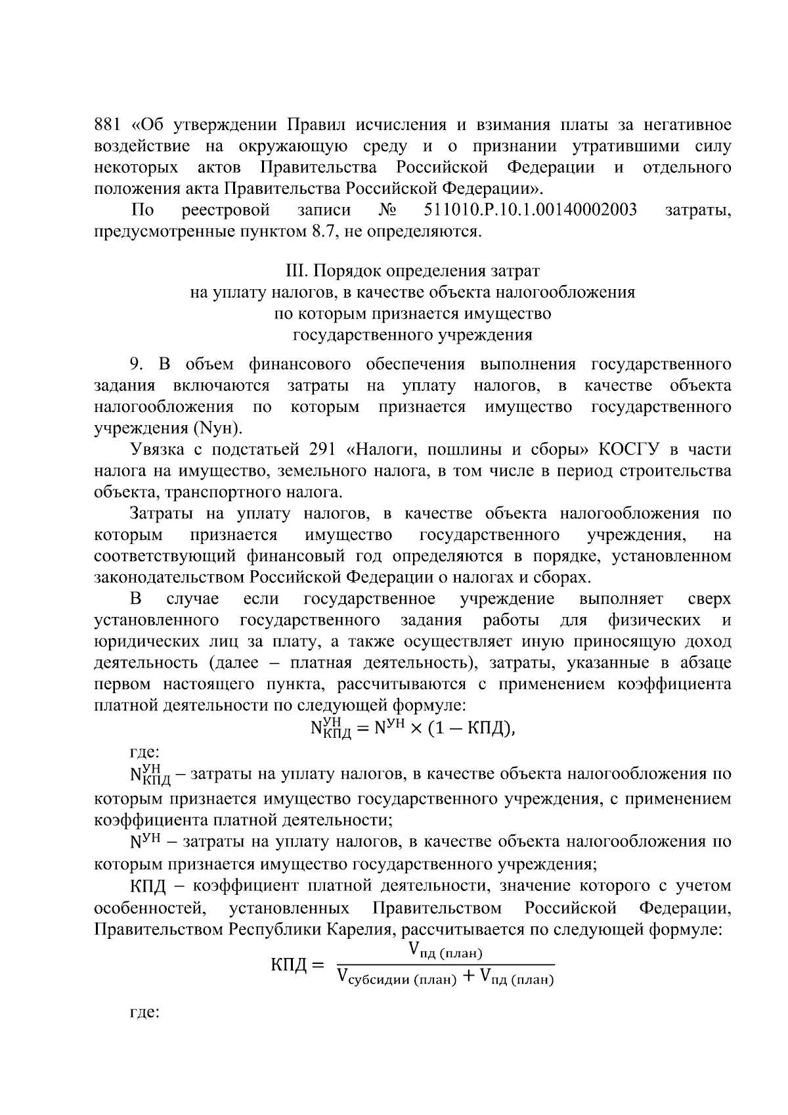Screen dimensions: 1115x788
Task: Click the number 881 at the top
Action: click(108, 125)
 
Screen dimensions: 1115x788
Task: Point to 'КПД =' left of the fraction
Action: click(297, 965)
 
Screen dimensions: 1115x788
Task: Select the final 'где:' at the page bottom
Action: click(145, 1012)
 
